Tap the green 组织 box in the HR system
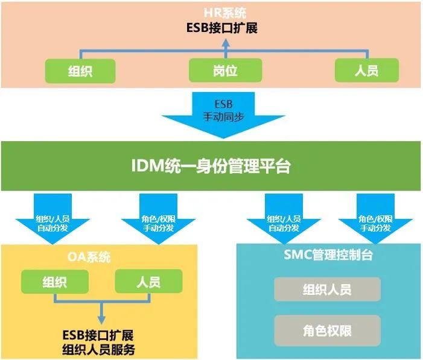coord(80,71)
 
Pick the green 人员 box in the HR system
coord(366,70)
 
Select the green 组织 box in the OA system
coord(55,282)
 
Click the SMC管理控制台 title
coord(328,255)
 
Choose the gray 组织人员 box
coord(327,289)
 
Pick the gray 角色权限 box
coord(327,330)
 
